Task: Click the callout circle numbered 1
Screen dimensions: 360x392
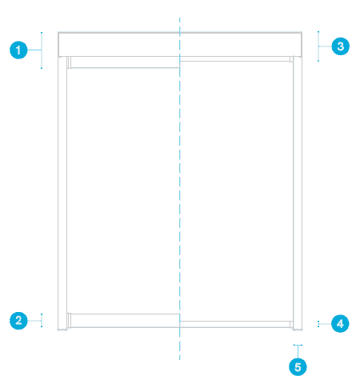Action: [18, 50]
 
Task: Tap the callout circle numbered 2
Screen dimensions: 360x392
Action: [18, 321]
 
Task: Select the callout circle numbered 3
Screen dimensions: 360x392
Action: [340, 46]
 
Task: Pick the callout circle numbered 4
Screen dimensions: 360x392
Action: [340, 324]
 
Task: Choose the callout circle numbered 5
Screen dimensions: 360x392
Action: [298, 367]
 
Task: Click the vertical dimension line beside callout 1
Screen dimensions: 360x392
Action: [42, 50]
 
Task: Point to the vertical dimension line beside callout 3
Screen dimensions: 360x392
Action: [318, 46]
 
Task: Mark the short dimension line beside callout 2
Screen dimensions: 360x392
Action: [42, 320]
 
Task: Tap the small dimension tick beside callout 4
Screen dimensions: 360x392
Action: [318, 324]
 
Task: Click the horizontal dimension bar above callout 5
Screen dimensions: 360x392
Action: [298, 345]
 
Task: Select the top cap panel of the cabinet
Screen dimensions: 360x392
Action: [180, 44]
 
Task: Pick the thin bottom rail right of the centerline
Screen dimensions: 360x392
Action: [235, 324]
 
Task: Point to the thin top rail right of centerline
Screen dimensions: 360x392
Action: [235, 59]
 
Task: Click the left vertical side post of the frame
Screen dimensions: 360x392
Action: [62, 193]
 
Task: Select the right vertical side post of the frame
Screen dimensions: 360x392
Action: [298, 193]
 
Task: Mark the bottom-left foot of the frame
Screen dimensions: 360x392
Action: [62, 330]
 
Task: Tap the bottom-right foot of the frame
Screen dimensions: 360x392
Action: [298, 330]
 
